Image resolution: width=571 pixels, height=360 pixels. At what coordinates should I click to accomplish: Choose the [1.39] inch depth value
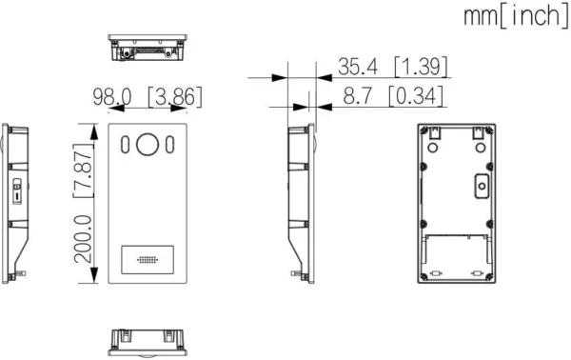pos(422,67)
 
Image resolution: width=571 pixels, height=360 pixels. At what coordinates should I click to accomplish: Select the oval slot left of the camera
pos(125,146)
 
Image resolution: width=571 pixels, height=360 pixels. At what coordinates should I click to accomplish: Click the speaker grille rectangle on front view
pos(148,259)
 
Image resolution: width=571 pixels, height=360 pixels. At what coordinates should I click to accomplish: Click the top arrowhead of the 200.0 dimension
pos(91,130)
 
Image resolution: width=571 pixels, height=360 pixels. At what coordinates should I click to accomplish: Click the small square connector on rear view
pos(482,187)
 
